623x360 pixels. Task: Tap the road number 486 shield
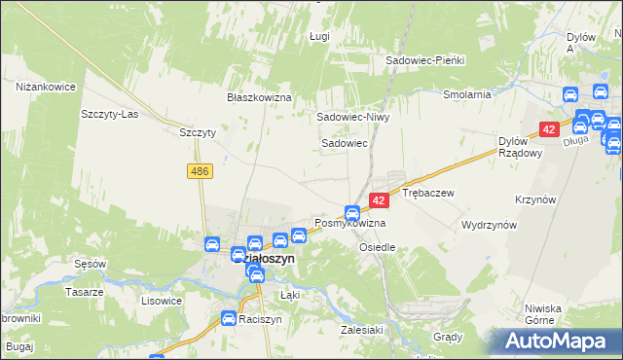[200, 171]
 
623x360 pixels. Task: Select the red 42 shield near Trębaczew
[380, 199]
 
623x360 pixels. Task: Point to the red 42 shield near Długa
[549, 129]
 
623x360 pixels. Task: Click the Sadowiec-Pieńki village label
[425, 60]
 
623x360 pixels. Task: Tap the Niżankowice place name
[46, 87]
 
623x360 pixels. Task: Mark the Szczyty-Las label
[109, 113]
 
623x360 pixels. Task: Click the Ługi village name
[320, 36]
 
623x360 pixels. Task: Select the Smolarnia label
[466, 95]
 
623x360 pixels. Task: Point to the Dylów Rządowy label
[499, 146]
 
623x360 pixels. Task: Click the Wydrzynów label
[489, 224]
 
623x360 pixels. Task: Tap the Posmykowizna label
[349, 224]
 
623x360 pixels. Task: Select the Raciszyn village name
[262, 319]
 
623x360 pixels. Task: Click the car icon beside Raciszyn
[228, 318]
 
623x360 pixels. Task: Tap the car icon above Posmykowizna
[352, 213]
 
